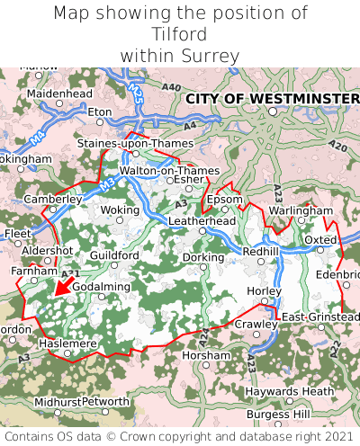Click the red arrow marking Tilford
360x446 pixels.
coord(61,286)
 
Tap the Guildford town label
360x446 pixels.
coord(114,255)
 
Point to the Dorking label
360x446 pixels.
coord(202,256)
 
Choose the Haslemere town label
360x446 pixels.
coord(67,343)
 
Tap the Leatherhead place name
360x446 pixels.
coord(202,220)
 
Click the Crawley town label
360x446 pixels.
coord(254,324)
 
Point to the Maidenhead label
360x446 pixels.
coord(59,93)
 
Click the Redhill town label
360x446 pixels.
coord(261,252)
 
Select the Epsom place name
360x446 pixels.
coord(224,199)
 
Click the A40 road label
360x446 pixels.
coord(170,86)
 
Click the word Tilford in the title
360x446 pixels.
coord(180,35)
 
